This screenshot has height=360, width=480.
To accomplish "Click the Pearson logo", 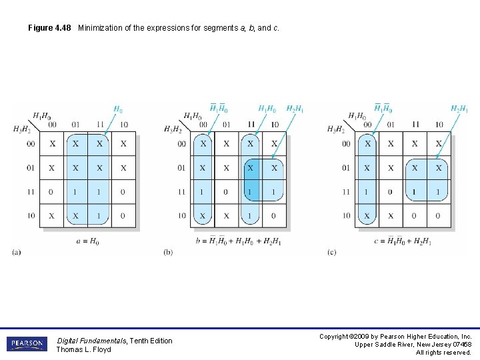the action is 27,344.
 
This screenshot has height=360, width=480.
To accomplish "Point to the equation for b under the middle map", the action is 239,241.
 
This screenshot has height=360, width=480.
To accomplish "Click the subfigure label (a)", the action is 17,252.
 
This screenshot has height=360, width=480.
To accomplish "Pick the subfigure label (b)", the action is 168,252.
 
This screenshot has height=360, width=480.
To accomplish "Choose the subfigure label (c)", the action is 332,252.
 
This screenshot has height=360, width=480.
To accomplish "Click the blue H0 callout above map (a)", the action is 117,109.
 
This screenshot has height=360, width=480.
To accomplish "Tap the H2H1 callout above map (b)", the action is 295,109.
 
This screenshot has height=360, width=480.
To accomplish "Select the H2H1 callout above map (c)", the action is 459,109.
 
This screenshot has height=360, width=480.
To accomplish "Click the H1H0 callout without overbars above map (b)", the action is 267,109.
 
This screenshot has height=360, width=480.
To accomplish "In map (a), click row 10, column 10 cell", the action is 123,216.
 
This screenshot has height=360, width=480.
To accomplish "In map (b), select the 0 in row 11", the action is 227,192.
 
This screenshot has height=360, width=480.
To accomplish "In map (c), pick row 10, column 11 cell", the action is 415,216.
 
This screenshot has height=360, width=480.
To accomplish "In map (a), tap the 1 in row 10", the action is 99,216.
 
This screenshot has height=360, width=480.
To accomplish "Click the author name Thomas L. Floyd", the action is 83,349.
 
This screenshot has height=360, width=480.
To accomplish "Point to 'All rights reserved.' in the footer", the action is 443,352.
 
